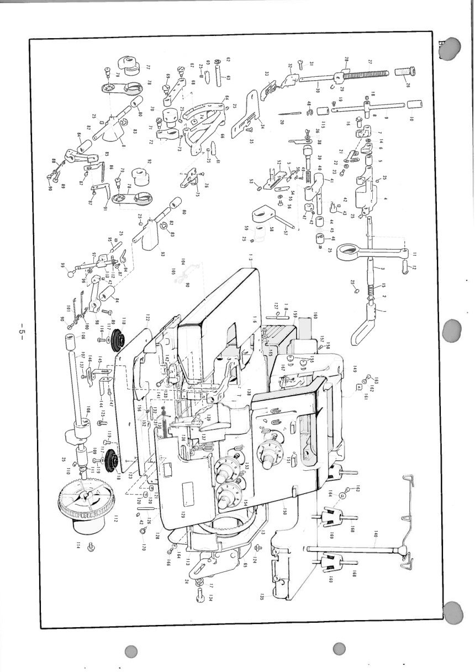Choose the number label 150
tap(284, 511)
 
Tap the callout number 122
tap(148, 318)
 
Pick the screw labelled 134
tap(200, 594)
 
